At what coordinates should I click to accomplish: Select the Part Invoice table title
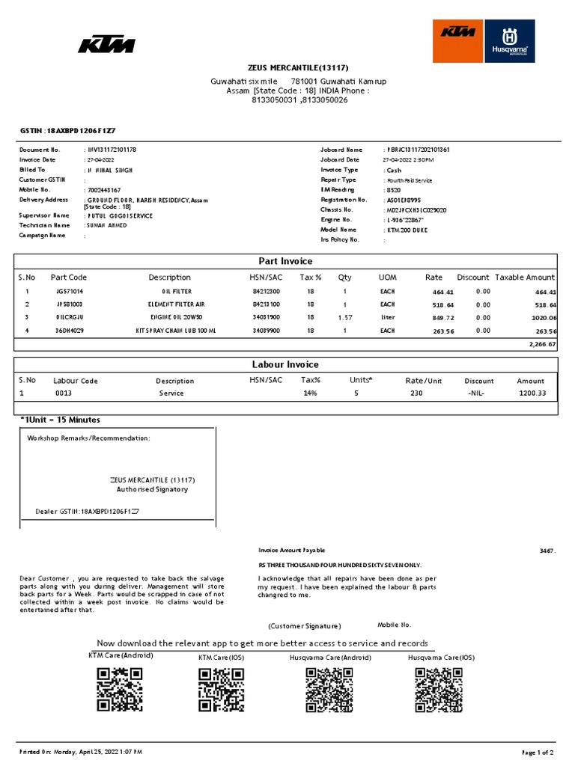[285, 261]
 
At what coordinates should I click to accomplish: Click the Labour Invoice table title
[285, 364]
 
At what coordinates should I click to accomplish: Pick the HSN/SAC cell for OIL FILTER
[266, 291]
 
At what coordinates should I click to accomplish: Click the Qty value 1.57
[344, 318]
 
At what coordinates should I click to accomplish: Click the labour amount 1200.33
[532, 393]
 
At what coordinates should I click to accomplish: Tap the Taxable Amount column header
[525, 278]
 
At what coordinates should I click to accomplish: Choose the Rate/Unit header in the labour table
[424, 381]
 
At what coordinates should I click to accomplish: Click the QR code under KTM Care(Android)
[120, 689]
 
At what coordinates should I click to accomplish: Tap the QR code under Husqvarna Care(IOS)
[438, 689]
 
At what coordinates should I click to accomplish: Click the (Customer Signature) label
[305, 625]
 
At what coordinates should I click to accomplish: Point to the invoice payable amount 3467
[547, 551]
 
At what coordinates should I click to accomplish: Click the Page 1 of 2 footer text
[537, 751]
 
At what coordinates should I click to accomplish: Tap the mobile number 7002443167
[104, 191]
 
